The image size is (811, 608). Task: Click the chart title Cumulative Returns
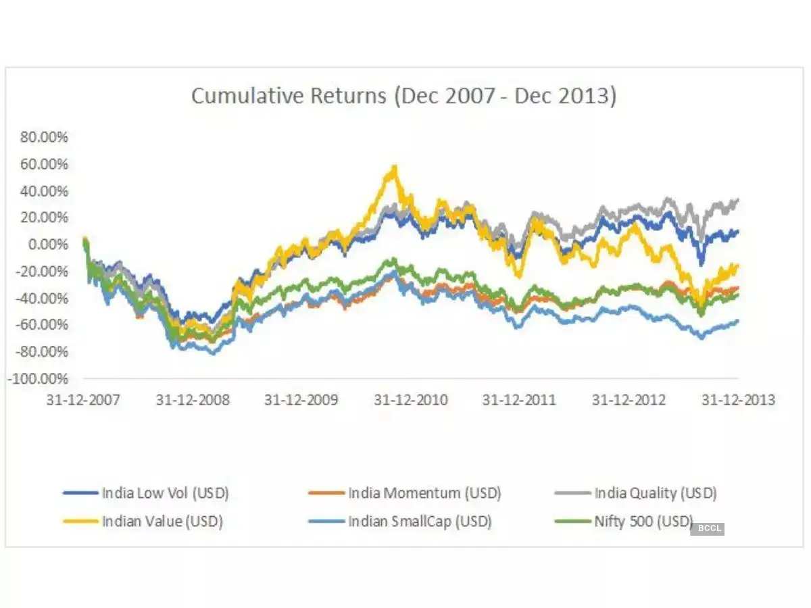pos(403,96)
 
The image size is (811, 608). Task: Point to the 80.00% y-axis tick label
pos(44,137)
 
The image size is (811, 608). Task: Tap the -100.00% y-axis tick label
pos(39,378)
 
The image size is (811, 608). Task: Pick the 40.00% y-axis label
pos(44,191)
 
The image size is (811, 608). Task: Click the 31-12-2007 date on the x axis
pos(83,400)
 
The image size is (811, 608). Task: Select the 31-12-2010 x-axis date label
pos(411,400)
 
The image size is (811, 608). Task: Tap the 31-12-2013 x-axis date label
pos(738,400)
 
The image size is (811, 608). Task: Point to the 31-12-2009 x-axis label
pos(301,400)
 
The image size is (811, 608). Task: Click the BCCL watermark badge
pos(707,528)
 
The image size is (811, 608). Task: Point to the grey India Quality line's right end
pos(737,199)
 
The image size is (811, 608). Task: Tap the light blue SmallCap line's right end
pos(737,321)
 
